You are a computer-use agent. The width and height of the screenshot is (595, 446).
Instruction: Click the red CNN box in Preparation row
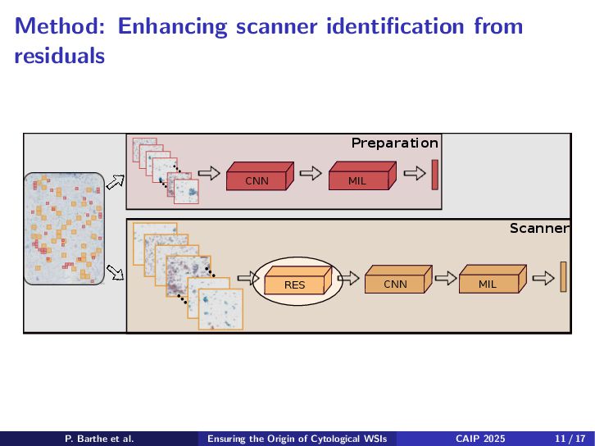click(257, 180)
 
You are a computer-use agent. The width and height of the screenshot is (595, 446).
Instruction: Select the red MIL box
click(357, 180)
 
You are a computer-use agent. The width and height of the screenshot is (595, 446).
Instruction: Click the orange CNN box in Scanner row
click(395, 283)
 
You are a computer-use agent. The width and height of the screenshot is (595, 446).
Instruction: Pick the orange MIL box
click(488, 283)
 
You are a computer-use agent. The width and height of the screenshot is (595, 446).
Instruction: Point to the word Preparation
click(394, 143)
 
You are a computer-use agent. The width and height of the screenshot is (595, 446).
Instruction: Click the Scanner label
click(538, 228)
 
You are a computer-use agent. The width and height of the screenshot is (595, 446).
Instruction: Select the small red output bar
click(435, 175)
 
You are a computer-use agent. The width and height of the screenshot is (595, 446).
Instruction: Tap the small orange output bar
click(564, 276)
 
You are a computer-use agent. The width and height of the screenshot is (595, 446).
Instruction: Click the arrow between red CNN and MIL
click(309, 173)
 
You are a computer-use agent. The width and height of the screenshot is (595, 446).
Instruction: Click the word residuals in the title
click(60, 57)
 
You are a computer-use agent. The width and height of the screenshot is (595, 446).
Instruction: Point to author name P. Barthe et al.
click(99, 439)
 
